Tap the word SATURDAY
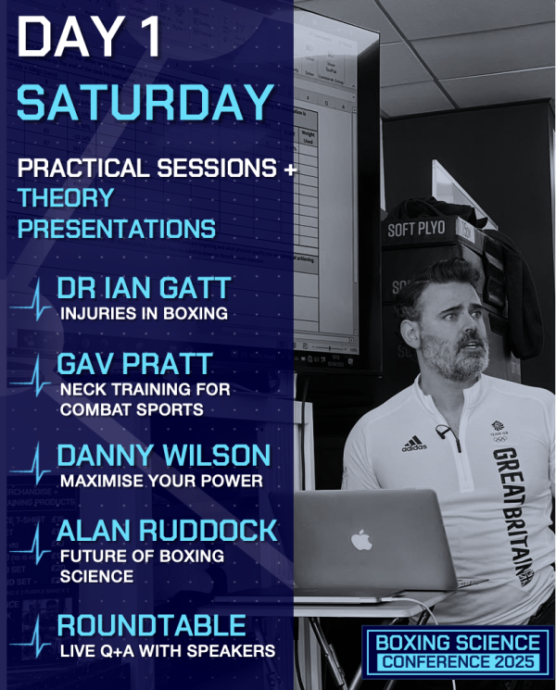(145, 102)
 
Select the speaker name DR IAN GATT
(144, 288)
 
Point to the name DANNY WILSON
(164, 456)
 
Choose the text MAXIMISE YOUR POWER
(161, 481)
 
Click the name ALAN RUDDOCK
(167, 531)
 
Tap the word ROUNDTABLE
(151, 625)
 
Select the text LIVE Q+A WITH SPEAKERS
(168, 651)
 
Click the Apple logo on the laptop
(361, 540)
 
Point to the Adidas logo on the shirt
(414, 444)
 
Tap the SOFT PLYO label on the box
(416, 230)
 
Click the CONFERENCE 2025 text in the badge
(458, 661)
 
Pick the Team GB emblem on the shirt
(499, 431)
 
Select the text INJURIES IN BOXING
(144, 314)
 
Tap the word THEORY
(66, 197)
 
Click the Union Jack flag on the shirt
(526, 576)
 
